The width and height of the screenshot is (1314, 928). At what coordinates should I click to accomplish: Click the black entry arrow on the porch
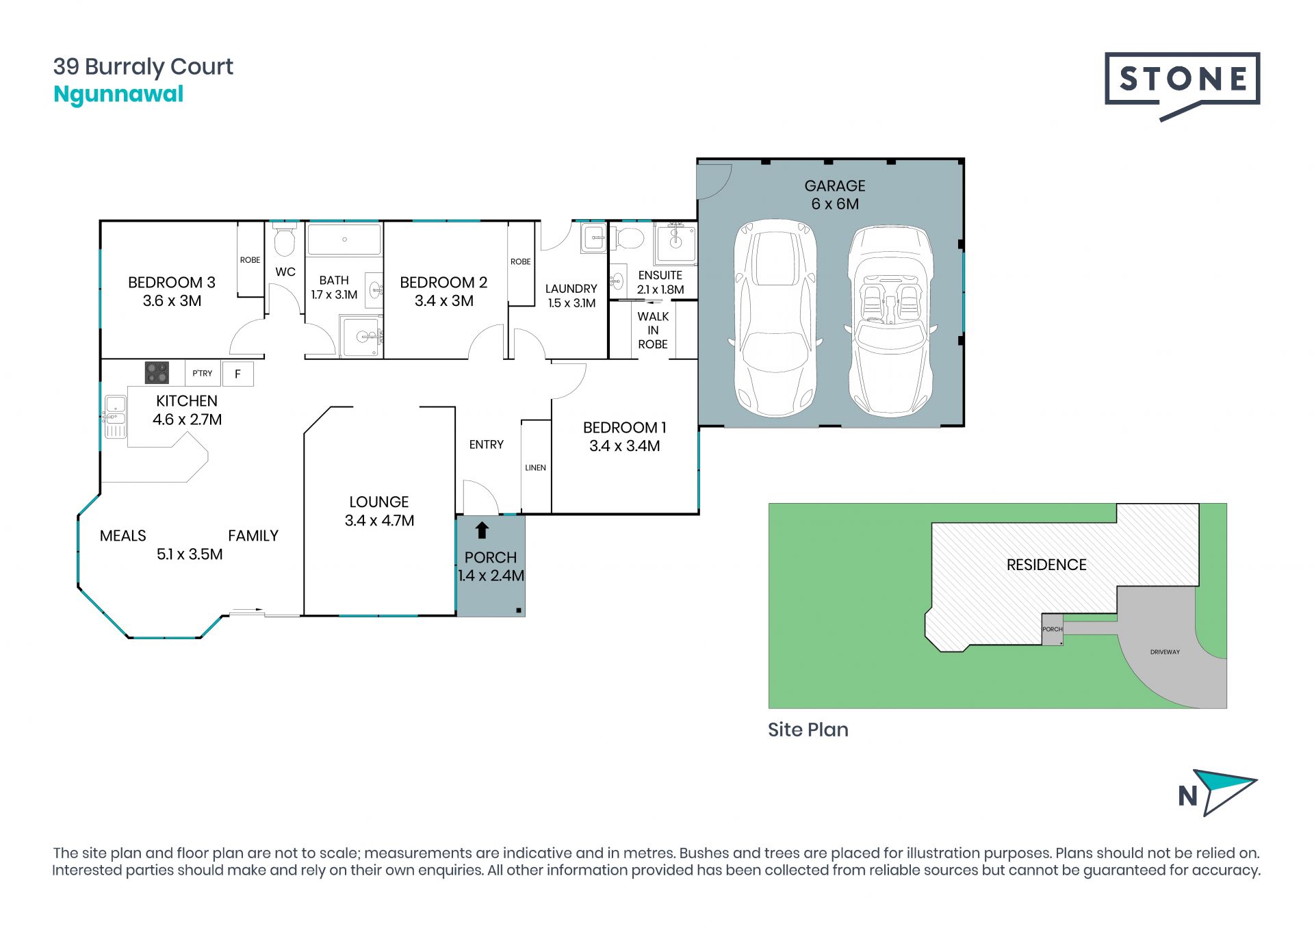(x=482, y=530)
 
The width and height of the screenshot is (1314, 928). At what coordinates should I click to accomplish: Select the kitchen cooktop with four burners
(x=157, y=373)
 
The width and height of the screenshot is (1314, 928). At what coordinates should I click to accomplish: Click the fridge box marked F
(x=238, y=374)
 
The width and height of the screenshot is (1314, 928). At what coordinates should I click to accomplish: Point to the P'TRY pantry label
(x=202, y=373)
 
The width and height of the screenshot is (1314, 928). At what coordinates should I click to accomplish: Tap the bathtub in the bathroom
(x=344, y=240)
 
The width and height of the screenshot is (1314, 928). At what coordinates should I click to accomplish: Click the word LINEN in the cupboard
(x=535, y=468)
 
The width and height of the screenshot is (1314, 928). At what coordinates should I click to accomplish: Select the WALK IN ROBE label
(x=653, y=331)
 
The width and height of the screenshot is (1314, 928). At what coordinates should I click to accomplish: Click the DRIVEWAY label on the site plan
(x=1165, y=652)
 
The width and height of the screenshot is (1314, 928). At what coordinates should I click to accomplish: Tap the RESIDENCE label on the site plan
(x=1046, y=565)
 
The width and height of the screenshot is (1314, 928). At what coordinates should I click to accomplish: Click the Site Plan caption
(x=808, y=730)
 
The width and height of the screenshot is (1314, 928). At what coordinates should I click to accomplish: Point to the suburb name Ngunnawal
(x=118, y=94)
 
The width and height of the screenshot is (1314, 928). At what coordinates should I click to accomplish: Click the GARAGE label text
(x=835, y=185)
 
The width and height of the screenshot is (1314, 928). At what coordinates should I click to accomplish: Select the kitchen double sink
(x=115, y=417)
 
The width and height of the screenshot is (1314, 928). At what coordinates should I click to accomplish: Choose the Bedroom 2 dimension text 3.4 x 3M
(x=444, y=301)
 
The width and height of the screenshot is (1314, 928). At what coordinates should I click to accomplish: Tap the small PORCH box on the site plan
(x=1053, y=630)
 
